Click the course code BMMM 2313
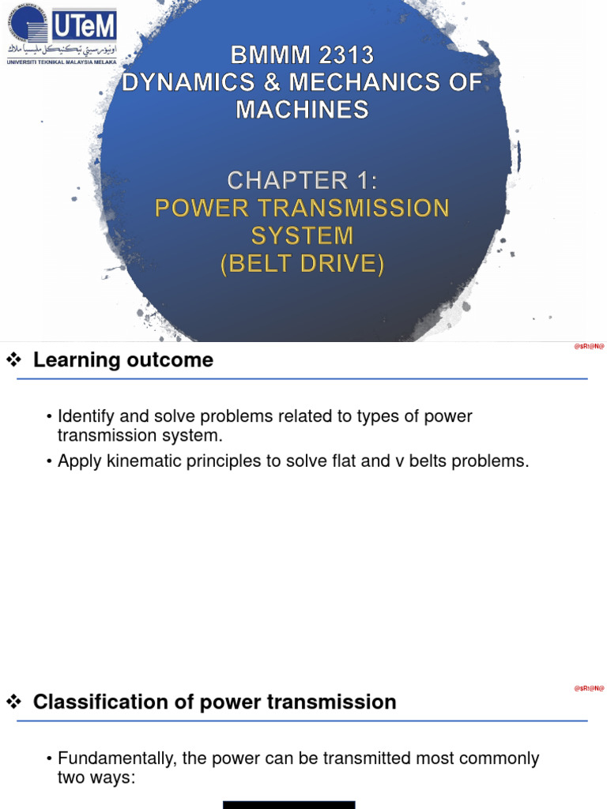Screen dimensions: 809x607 (x=302, y=55)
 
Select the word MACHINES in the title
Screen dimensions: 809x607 (x=302, y=109)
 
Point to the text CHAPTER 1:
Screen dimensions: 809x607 (x=302, y=181)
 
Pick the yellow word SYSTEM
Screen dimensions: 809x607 (x=302, y=235)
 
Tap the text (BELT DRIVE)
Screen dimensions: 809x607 (x=302, y=263)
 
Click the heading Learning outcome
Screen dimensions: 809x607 (x=123, y=360)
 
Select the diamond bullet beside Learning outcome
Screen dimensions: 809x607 (x=13, y=360)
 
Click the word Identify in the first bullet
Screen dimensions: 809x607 (x=86, y=416)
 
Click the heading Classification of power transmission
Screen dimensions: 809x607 (x=214, y=702)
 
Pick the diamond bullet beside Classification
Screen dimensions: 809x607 (x=13, y=702)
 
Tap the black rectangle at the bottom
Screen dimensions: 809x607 (x=288, y=804)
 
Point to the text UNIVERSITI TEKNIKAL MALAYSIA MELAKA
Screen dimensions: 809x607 (x=62, y=62)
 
